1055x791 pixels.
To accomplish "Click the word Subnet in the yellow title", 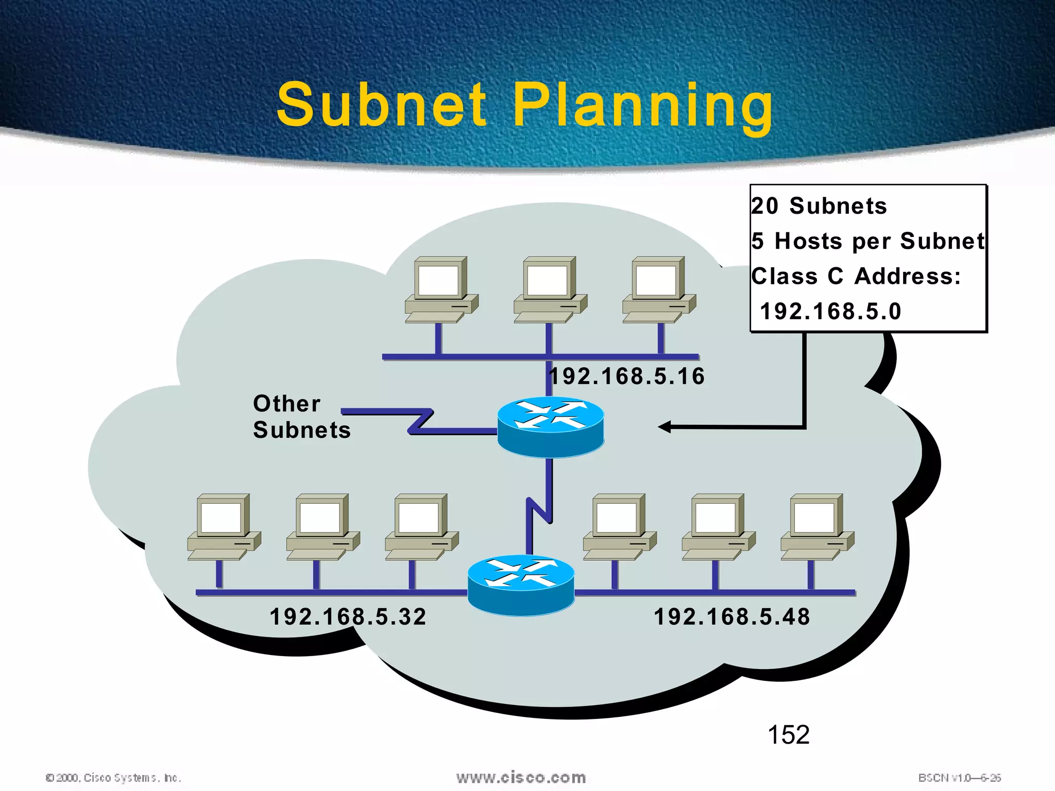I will [381, 106].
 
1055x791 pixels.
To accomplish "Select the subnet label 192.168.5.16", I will [627, 376].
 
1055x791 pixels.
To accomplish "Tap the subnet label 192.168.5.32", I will [348, 616].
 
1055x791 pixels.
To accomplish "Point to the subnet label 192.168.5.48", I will [732, 616].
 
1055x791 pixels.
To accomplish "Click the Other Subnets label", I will [301, 417].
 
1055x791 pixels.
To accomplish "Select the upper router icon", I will [550, 426].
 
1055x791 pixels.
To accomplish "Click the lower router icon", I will [521, 584].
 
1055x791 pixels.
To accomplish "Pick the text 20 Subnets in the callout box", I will [819, 206].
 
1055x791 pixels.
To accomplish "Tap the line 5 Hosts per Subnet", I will [868, 241].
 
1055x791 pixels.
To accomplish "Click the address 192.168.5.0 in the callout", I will [830, 312].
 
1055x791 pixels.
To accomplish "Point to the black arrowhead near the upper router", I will [665, 427].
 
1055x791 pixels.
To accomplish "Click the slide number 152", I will [788, 735].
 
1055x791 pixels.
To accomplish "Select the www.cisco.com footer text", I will [521, 777].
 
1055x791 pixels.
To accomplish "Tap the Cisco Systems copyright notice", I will [113, 778].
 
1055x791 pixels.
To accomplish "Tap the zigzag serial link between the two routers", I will [539, 507].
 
